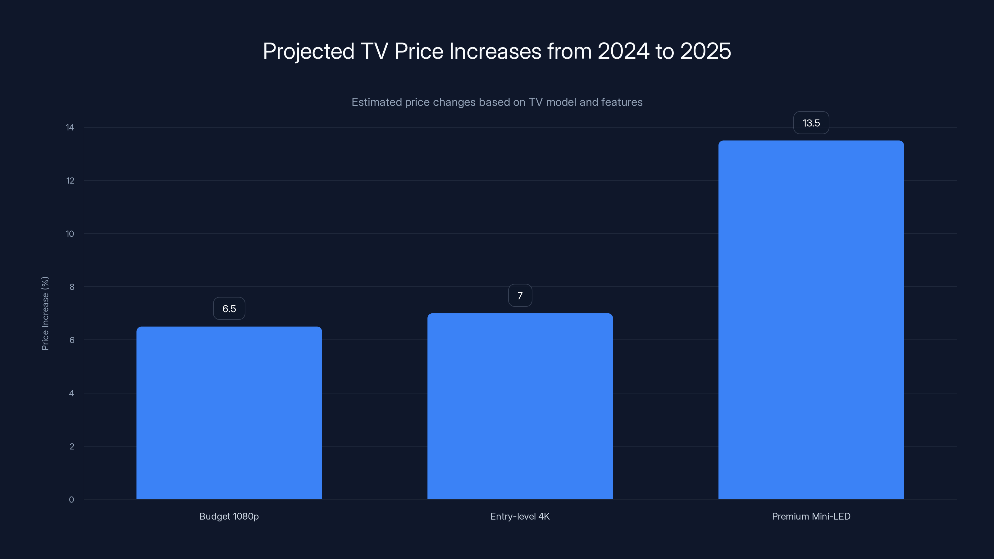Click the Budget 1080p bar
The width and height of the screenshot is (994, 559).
[229, 413]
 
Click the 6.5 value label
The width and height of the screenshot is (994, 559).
[229, 309]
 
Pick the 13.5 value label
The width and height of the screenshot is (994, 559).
[811, 123]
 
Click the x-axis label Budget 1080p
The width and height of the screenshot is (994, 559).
[229, 516]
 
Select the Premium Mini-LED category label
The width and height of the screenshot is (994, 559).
[811, 516]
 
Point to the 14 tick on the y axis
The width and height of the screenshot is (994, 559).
[70, 127]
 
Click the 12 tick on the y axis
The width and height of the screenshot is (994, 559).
[70, 180]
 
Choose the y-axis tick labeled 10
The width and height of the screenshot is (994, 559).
[70, 234]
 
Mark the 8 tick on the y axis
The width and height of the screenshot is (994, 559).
[72, 287]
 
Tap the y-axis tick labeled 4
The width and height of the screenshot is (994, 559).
[72, 393]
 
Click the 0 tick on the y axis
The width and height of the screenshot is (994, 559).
[72, 500]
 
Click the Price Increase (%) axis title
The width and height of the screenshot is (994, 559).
[45, 313]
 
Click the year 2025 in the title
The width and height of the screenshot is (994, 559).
[705, 51]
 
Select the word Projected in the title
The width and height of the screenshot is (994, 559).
[308, 51]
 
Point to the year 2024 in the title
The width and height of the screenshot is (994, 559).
[623, 51]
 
